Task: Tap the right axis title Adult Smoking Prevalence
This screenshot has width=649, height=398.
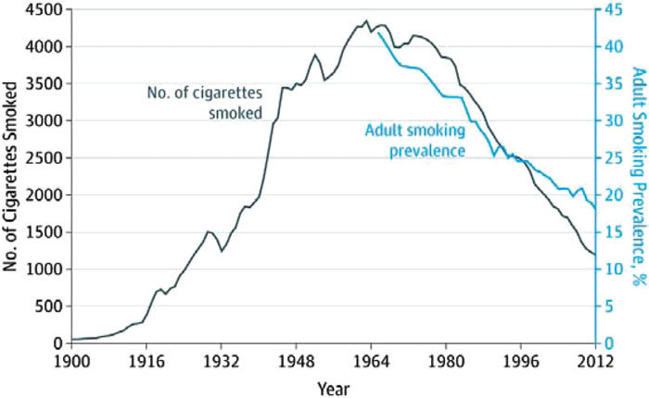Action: point(637,176)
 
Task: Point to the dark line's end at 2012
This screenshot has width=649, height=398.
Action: point(594,255)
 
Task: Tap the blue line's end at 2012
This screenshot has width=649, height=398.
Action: point(594,209)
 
